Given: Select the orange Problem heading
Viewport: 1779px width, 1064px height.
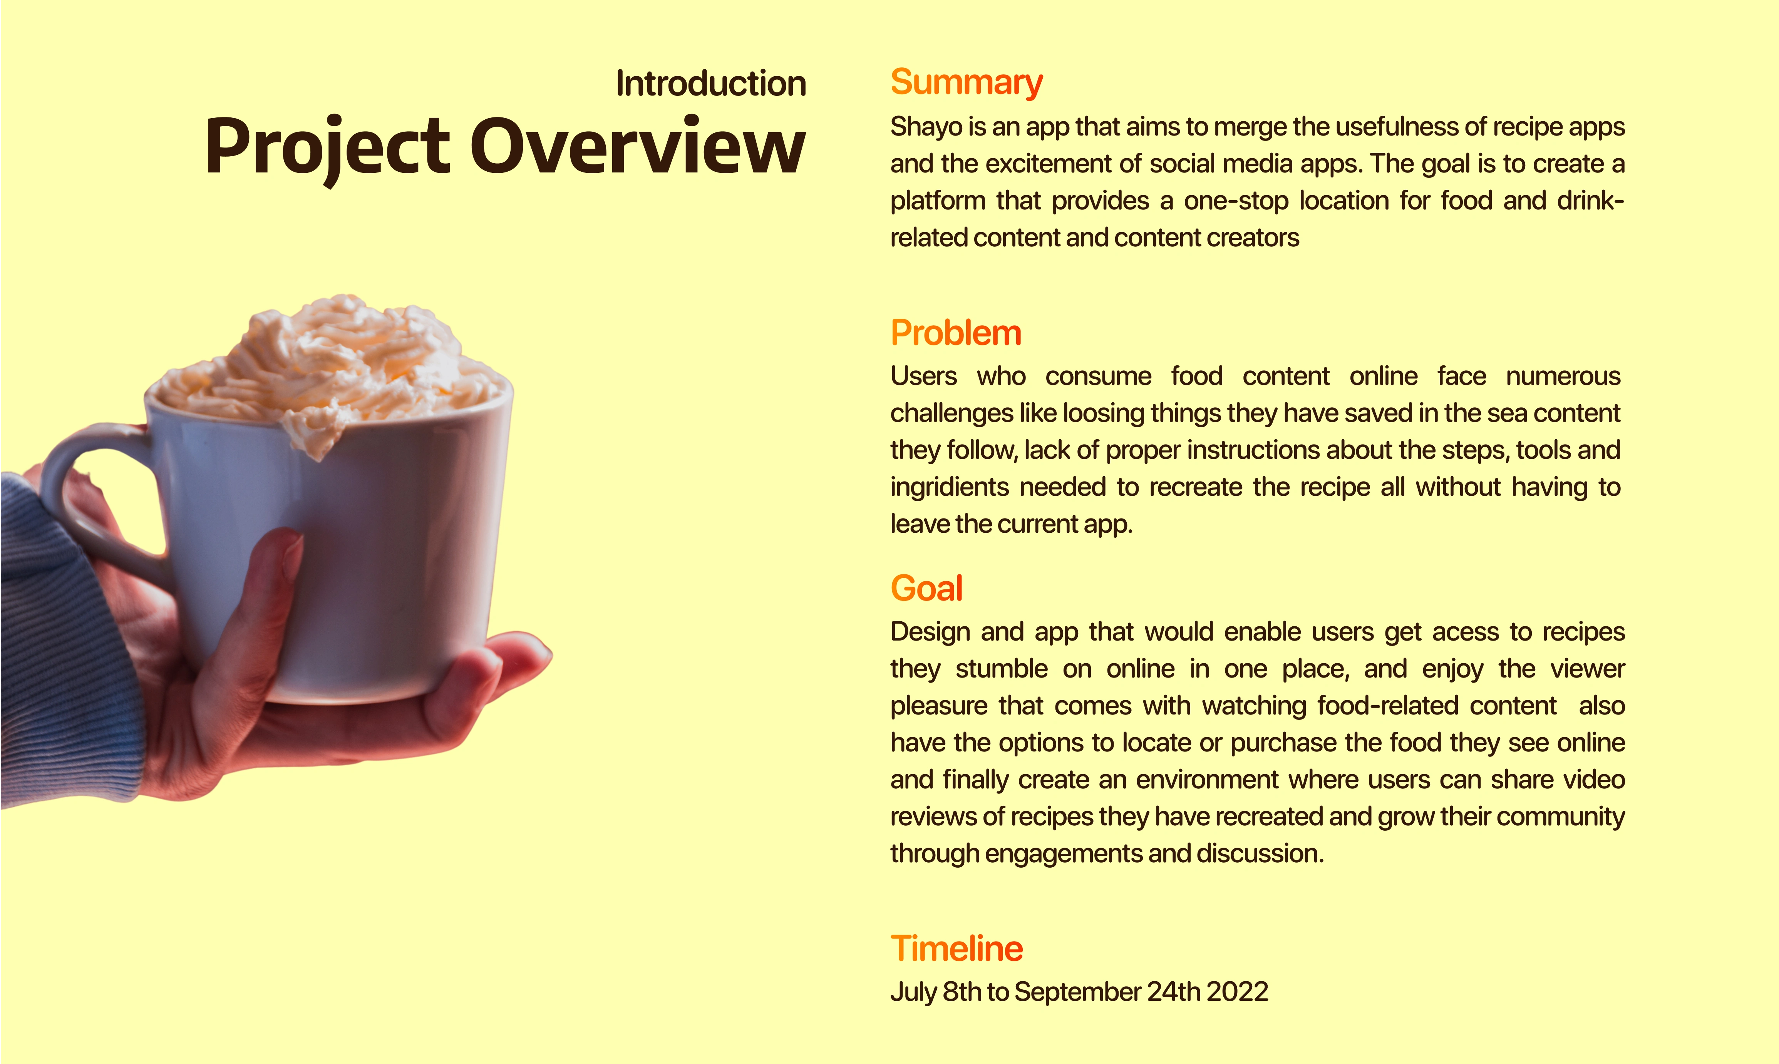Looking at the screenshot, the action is coord(956,333).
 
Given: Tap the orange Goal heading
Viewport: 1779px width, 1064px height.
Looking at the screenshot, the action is coord(926,589).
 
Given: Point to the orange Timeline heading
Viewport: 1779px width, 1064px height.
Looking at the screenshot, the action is coord(957,949).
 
